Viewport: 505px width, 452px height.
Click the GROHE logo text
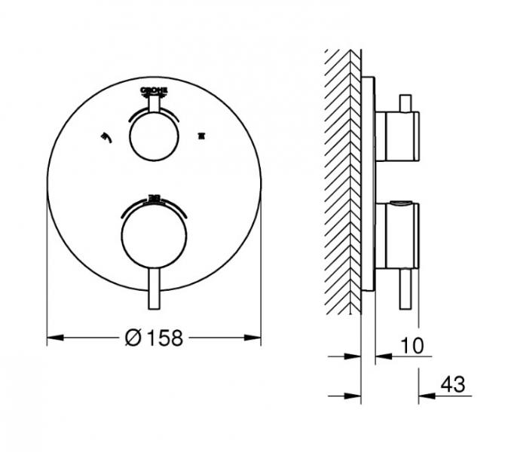click(x=155, y=88)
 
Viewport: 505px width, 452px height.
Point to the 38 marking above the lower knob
click(x=155, y=198)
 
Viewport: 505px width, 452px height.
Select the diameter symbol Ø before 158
click(x=131, y=339)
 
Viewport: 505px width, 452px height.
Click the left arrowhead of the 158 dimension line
click(x=53, y=339)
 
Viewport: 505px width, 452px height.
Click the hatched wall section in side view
click(x=343, y=181)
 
